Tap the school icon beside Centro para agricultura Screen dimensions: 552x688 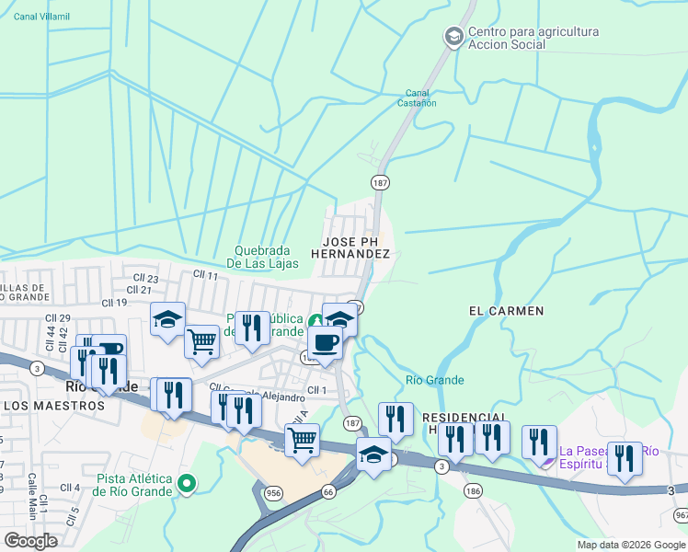(453, 38)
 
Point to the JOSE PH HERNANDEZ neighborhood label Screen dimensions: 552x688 (350, 246)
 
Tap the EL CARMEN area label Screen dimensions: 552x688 (506, 311)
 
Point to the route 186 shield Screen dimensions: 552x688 (473, 491)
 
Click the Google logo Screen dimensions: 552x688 (31, 541)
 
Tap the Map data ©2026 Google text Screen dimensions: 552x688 (630, 545)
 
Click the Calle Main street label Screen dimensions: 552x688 (30, 489)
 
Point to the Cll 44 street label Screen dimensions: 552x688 (39, 325)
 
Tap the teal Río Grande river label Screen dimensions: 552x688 (434, 380)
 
